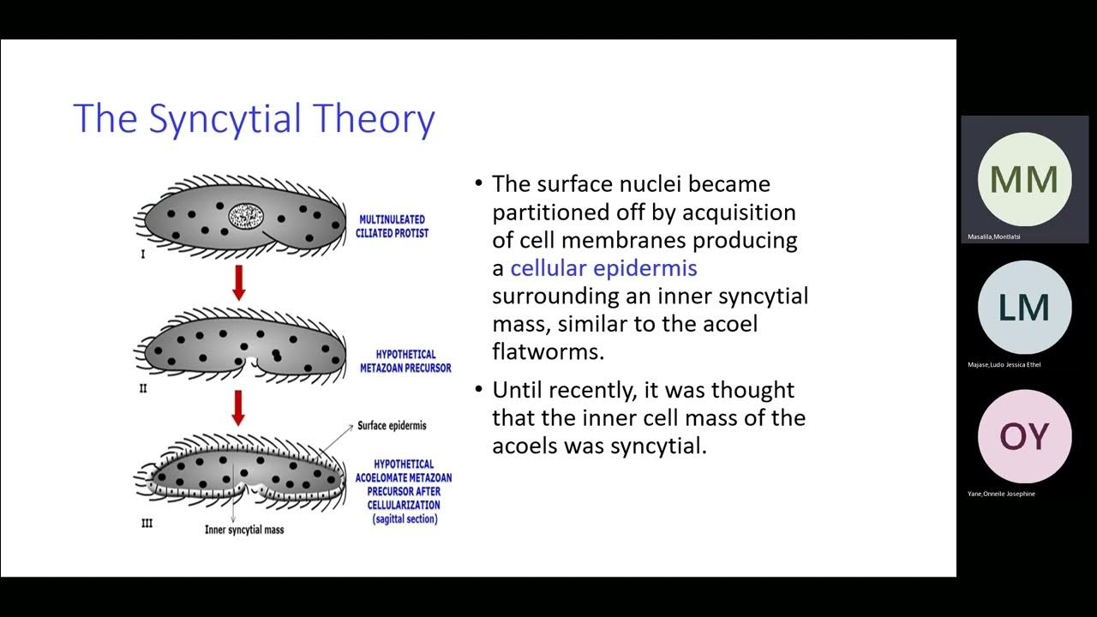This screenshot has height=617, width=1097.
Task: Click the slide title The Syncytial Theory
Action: [x=254, y=118]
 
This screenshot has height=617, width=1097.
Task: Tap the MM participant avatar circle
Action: [x=1024, y=179]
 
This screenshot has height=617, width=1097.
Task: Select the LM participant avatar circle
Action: [x=1024, y=308]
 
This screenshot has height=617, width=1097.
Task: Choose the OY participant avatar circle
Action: [x=1024, y=436]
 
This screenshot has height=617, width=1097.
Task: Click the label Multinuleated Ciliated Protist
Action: [x=391, y=226]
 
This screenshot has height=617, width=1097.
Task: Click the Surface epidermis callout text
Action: [x=392, y=426]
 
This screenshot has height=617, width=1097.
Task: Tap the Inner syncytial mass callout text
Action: [x=244, y=530]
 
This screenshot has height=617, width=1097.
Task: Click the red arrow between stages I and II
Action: [x=239, y=282]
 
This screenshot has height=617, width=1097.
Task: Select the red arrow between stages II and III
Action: [x=239, y=408]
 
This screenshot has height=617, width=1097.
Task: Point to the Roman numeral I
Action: [x=143, y=255]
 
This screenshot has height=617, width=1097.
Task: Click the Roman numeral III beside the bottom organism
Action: [x=147, y=523]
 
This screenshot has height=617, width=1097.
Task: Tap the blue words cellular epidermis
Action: [x=603, y=268]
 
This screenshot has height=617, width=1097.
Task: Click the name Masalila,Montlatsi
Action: [x=994, y=237]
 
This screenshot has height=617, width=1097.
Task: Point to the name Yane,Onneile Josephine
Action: [x=1001, y=494]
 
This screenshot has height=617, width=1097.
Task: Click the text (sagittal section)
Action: [x=405, y=519]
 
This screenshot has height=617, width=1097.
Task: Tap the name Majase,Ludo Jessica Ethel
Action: [x=1004, y=365]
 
